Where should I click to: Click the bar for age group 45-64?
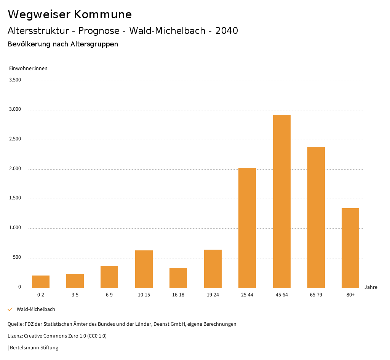tap(281, 201)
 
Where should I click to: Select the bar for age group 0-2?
tap(41, 281)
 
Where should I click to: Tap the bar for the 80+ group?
tap(350, 248)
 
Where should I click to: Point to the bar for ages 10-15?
tap(144, 269)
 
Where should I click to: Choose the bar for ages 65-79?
tap(316, 217)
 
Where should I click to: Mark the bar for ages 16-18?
tap(178, 277)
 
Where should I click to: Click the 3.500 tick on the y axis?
tap(16, 80)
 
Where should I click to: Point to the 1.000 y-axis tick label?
tap(16, 228)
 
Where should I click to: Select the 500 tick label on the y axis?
tap(17, 258)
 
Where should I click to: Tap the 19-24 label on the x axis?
tap(213, 295)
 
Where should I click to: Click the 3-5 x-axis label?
tap(75, 295)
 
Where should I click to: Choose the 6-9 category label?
tap(109, 295)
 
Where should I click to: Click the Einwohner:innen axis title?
tap(28, 68)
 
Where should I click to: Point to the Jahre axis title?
tap(371, 287)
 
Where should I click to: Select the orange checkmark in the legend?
tap(10, 309)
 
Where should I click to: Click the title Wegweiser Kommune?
tap(70, 14)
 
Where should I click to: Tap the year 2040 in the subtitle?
tap(227, 31)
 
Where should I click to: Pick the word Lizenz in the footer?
tap(14, 336)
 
